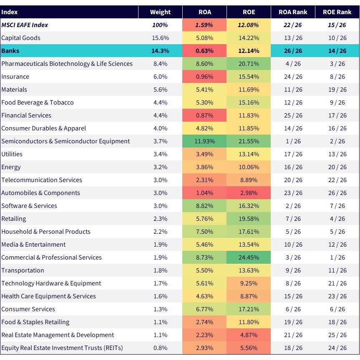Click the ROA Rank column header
[x=293, y=12]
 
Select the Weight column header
[x=160, y=12]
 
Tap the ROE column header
[x=249, y=12]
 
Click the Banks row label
[x=10, y=51]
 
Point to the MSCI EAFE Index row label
[x=25, y=25]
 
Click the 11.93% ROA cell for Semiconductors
[x=204, y=141]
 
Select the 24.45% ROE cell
[x=249, y=257]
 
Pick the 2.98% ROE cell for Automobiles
[x=249, y=193]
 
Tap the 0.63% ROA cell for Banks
[x=204, y=51]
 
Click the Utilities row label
[x=12, y=154]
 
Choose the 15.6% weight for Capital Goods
[x=160, y=38]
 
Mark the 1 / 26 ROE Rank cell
[x=337, y=257]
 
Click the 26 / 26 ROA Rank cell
[x=293, y=51]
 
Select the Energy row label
[x=11, y=167]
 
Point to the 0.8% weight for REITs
[x=160, y=348]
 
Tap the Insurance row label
[x=15, y=76]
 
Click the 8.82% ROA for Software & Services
[x=204, y=206]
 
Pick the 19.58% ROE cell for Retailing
[x=249, y=219]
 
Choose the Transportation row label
[x=23, y=270]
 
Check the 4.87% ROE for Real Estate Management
[x=249, y=335]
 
